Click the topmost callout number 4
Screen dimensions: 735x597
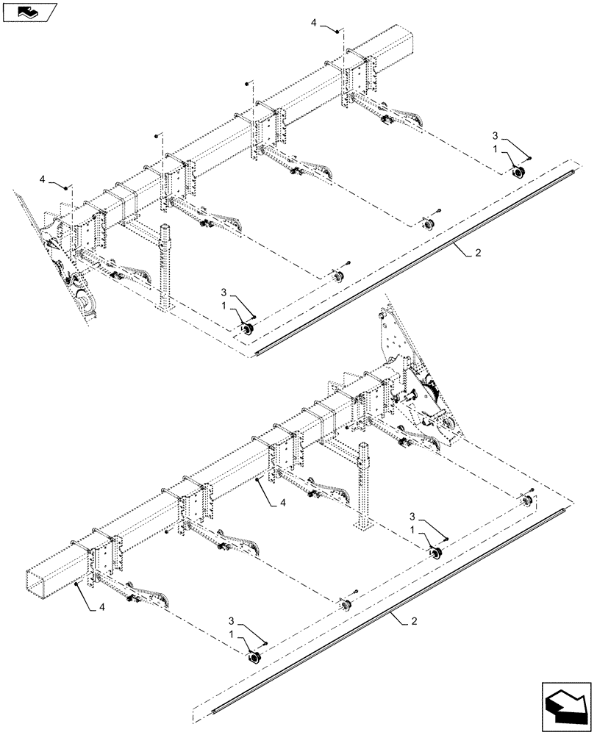coord(314,24)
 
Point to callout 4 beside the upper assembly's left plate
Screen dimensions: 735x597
coord(43,179)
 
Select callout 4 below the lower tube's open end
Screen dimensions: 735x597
coord(101,609)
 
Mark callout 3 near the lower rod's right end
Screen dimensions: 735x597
coord(412,517)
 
